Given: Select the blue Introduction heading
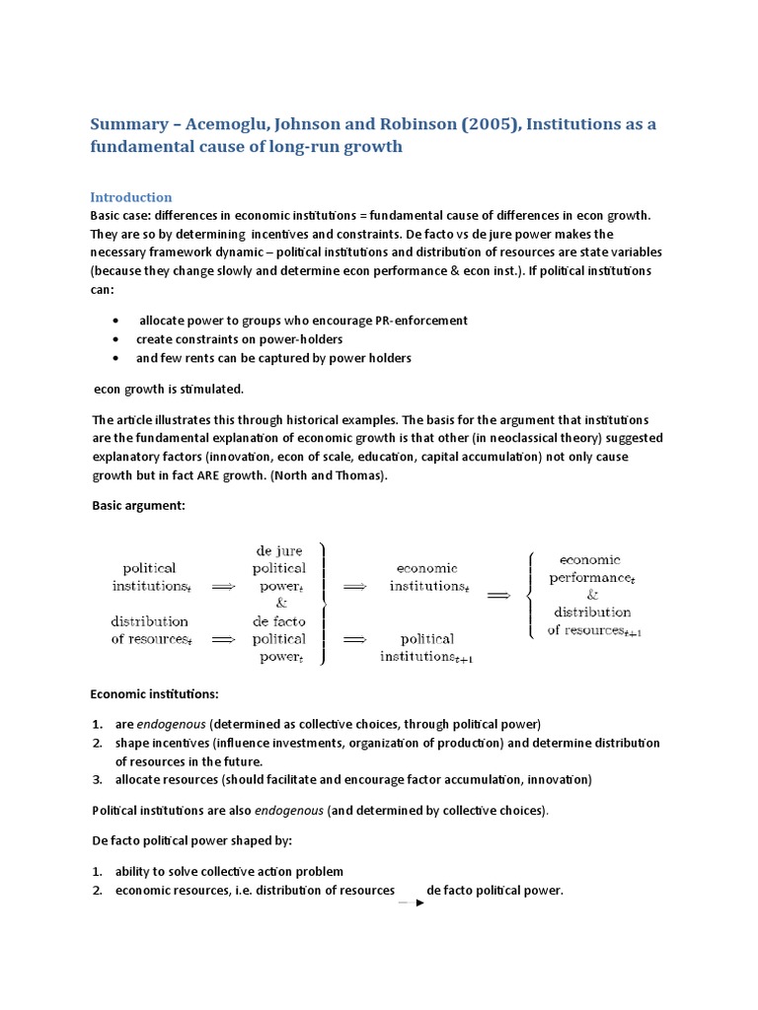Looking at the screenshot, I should tap(130, 196).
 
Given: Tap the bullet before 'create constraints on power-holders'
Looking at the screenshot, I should tap(116, 339).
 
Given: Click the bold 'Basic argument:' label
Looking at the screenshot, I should tap(138, 506).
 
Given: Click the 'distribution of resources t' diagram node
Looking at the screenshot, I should tap(149, 630).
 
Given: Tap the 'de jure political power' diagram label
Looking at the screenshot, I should tap(279, 567).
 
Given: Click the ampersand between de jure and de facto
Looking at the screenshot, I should tap(280, 603).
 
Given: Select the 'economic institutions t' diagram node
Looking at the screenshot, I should tap(426, 577).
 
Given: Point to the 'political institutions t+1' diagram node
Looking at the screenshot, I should tap(427, 647).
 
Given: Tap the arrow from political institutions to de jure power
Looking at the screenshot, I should tap(223, 586).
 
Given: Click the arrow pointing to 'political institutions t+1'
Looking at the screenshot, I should tap(353, 639).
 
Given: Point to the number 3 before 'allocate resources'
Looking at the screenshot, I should tap(98, 779).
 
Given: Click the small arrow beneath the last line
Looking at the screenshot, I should tap(411, 902).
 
